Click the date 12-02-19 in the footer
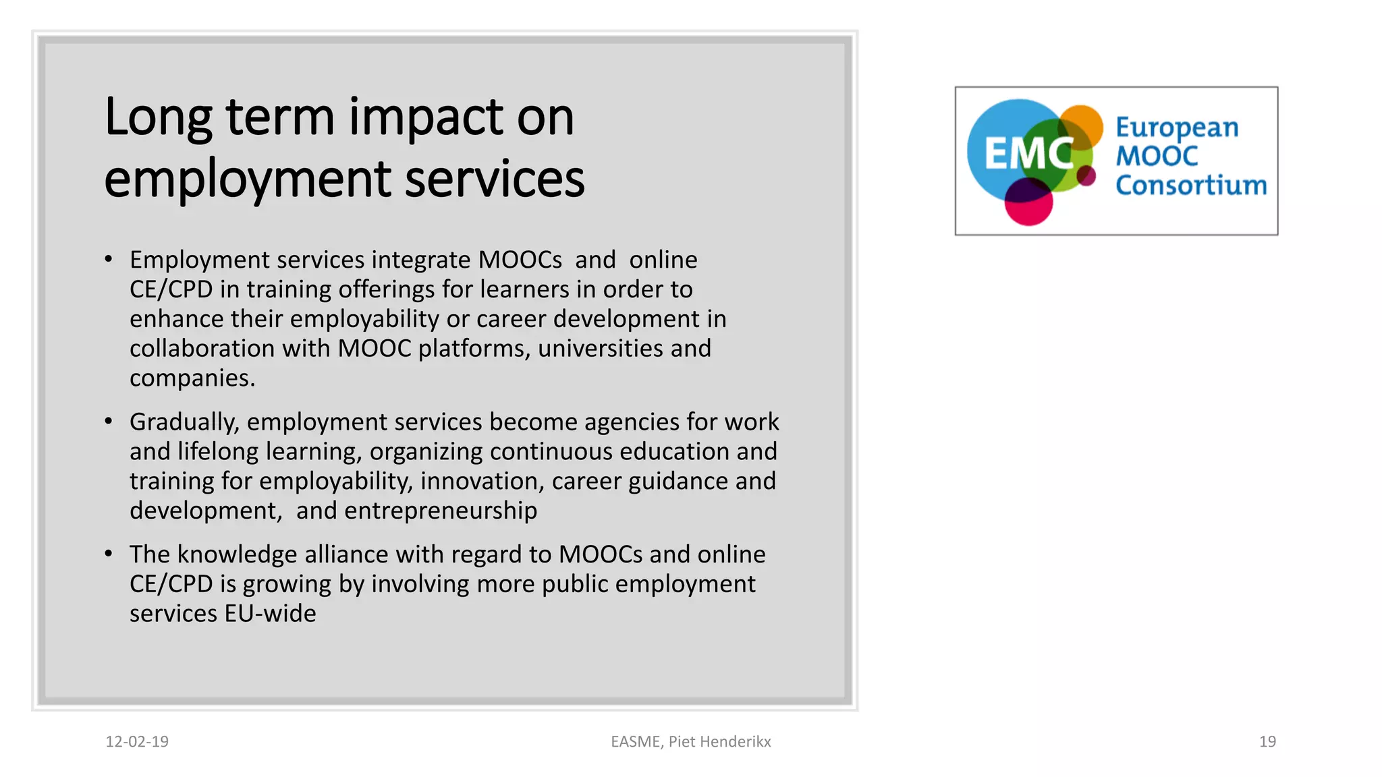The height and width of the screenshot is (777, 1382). click(x=137, y=741)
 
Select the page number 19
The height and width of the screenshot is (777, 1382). click(x=1267, y=741)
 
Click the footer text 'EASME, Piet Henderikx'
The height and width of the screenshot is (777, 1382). click(x=690, y=741)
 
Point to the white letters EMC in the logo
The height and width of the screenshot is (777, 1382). click(x=1026, y=154)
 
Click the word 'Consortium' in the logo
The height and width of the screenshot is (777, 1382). click(x=1191, y=185)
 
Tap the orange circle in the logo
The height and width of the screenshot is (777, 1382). click(x=1084, y=121)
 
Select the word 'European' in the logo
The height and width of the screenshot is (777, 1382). click(x=1177, y=127)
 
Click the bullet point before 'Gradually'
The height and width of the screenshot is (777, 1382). click(x=109, y=422)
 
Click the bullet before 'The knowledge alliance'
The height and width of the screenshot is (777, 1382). click(x=109, y=554)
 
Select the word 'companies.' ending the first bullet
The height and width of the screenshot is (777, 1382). click(x=192, y=378)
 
